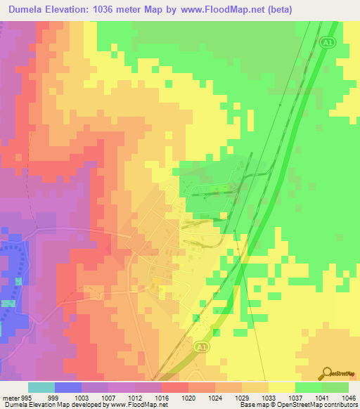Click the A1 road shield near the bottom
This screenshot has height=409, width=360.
[202, 347]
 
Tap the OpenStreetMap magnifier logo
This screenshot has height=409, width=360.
[327, 372]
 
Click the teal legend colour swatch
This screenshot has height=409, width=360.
[41, 387]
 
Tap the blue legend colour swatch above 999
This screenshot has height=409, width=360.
[68, 387]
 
